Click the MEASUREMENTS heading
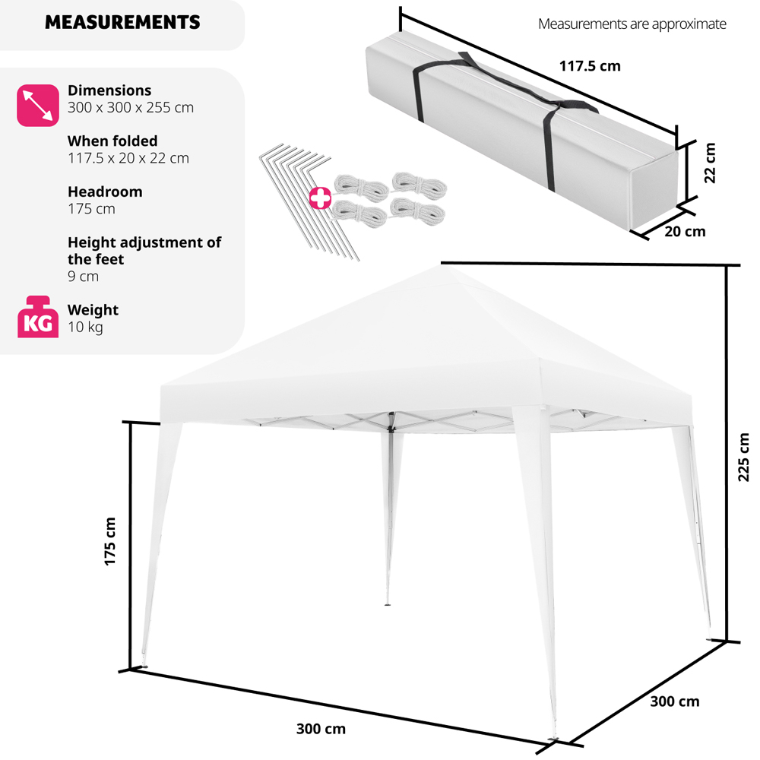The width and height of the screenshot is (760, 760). click(x=122, y=22)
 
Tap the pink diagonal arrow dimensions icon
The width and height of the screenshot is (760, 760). click(x=38, y=105)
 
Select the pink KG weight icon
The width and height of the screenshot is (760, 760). click(x=38, y=316)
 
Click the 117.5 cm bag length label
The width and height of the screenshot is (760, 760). click(x=590, y=66)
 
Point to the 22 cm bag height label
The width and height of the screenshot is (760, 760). click(x=709, y=163)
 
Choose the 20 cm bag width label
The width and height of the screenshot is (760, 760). click(x=685, y=232)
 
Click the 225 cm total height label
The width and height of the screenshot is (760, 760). click(x=743, y=457)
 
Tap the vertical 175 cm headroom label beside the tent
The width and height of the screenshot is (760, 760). click(x=110, y=541)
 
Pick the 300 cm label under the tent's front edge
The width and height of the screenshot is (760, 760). click(x=321, y=729)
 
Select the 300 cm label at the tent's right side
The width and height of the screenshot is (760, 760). click(x=675, y=701)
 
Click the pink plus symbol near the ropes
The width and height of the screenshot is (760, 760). click(x=321, y=198)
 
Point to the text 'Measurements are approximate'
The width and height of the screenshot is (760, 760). click(x=632, y=24)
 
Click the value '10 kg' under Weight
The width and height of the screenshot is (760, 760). click(x=85, y=327)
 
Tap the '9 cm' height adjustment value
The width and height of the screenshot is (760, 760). click(x=83, y=277)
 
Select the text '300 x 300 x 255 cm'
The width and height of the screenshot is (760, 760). click(x=131, y=108)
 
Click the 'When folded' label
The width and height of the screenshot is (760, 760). click(x=112, y=141)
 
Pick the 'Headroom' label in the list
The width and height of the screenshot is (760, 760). click(x=105, y=192)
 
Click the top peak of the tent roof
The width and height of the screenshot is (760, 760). click(x=441, y=264)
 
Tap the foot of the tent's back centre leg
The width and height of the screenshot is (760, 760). click(x=388, y=604)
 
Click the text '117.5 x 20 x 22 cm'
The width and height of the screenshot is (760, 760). click(x=128, y=159)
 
